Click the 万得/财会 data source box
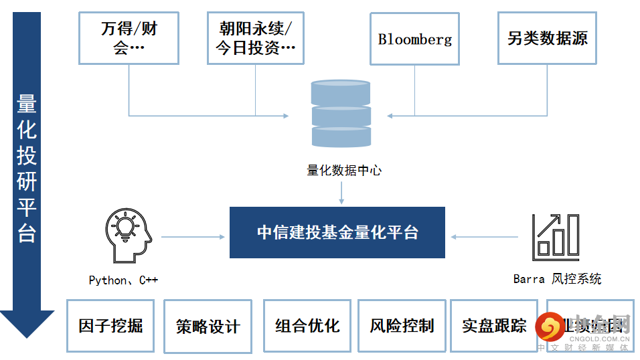tap(129, 39)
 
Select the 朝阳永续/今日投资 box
tap(256, 39)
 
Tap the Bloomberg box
tap(414, 39)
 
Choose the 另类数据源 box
tap(547, 39)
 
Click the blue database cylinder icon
tap(341, 114)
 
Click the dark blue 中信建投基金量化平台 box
tap(337, 232)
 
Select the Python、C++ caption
tap(123, 280)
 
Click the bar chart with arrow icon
tap(554, 237)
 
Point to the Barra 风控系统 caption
tap(557, 279)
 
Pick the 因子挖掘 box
tap(110, 326)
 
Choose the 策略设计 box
tap(208, 326)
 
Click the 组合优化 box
tap(307, 326)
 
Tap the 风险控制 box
tap(402, 326)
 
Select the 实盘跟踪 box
tap(494, 326)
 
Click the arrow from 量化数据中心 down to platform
tap(341, 192)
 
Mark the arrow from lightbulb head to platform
tap(193, 236)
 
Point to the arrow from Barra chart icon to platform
tap(485, 236)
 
